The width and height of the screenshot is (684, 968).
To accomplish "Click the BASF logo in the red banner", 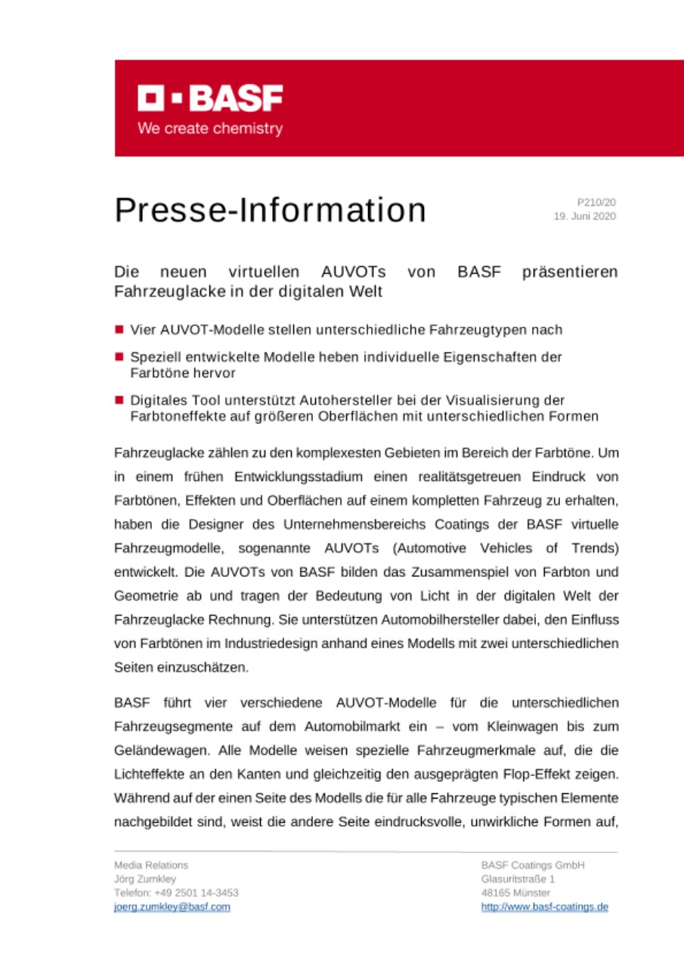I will click(210, 98).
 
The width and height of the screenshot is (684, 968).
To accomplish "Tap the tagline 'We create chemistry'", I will click(210, 129).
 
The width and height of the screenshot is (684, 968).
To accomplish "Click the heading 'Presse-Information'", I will click(270, 210).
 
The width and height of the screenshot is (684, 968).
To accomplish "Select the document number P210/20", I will click(596, 203).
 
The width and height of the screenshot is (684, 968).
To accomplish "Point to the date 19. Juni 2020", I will click(585, 216).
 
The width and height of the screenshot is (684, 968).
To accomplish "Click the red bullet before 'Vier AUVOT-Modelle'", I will click(119, 330).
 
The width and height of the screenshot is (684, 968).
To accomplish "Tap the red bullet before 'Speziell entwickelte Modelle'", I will click(119, 357).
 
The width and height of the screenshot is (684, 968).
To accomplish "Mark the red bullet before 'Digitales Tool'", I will click(119, 399).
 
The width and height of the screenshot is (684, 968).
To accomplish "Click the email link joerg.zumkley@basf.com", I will click(172, 907).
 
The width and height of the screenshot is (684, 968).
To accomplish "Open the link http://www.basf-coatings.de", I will click(544, 907).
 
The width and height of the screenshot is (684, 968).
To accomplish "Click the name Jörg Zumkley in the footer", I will click(145, 879).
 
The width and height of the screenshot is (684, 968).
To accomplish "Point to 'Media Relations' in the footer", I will click(151, 865).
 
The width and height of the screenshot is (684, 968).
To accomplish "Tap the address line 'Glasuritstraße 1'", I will click(518, 879).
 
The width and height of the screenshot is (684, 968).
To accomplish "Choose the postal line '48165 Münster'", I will click(515, 892).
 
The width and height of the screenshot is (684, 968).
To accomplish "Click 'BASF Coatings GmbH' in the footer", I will click(533, 865).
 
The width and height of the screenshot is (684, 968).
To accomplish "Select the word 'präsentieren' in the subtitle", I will click(570, 271).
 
